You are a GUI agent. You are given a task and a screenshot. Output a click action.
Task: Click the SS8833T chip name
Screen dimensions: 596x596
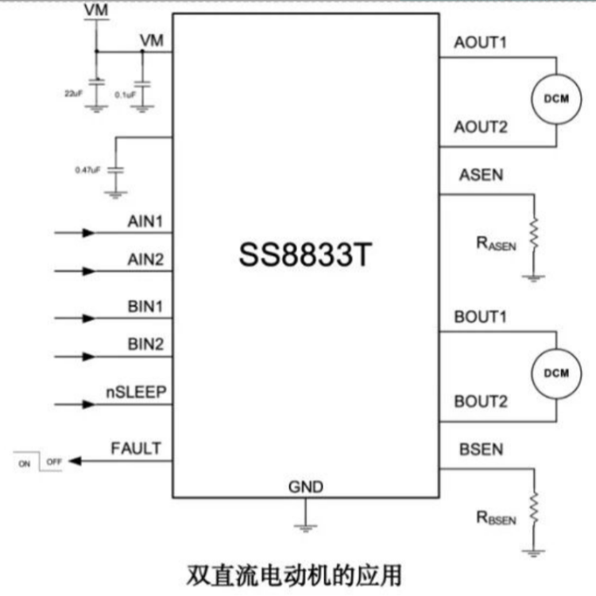click(x=305, y=254)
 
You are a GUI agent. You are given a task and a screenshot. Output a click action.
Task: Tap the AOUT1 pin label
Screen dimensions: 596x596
click(x=481, y=42)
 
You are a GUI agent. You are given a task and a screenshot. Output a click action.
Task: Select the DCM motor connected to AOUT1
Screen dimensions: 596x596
click(x=556, y=99)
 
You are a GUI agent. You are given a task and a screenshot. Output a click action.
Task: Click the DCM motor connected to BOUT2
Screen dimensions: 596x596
click(x=556, y=373)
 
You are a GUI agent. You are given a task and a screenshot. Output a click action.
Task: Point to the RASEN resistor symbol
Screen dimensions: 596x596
click(x=534, y=233)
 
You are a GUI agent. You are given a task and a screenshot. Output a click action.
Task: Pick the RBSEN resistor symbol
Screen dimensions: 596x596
click(x=534, y=508)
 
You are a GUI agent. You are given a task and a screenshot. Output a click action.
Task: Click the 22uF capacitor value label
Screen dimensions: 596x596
click(x=73, y=93)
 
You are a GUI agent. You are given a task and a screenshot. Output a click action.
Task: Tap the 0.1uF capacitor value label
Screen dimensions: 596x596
click(x=125, y=95)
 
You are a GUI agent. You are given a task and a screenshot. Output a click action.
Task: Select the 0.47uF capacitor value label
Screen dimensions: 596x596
click(x=87, y=170)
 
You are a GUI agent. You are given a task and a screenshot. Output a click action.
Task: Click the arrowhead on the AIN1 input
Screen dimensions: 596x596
click(x=88, y=233)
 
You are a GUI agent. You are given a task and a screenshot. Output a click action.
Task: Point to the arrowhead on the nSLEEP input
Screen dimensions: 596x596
click(x=88, y=404)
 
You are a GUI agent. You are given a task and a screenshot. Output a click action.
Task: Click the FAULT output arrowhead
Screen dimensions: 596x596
click(x=75, y=461)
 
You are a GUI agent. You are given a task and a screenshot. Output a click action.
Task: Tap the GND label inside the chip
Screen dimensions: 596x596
click(x=306, y=487)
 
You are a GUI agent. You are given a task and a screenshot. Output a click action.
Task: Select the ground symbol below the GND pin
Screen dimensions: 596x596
click(x=306, y=528)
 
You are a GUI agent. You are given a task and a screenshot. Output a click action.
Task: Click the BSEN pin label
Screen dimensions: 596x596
click(x=482, y=449)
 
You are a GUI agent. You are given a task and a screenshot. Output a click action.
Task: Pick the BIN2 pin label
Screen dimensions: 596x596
click(x=145, y=344)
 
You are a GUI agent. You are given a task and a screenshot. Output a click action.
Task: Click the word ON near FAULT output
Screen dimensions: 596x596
click(x=25, y=464)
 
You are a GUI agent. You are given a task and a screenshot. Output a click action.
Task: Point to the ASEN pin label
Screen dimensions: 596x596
click(x=482, y=175)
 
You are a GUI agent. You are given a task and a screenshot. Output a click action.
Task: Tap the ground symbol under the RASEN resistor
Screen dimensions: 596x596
click(x=534, y=278)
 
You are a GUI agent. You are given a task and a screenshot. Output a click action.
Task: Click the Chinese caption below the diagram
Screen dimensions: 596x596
click(x=294, y=576)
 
